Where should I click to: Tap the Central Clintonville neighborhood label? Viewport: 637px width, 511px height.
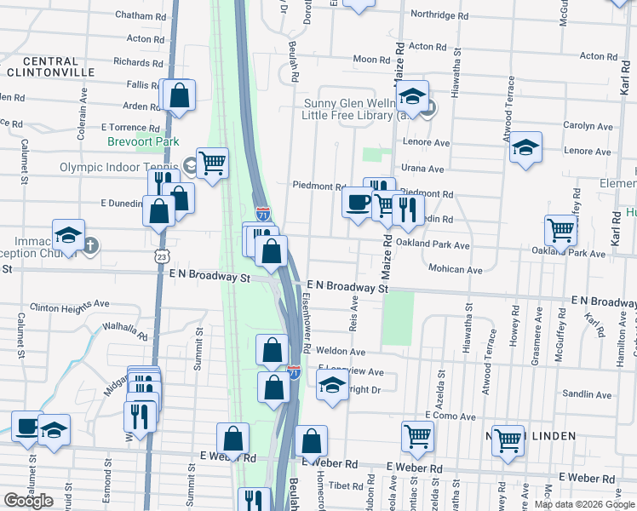[x=51, y=67]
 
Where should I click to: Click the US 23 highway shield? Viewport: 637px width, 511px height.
[x=161, y=255]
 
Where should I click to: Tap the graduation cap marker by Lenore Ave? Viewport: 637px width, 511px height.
[x=525, y=146]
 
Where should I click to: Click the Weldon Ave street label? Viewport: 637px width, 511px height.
[x=340, y=351]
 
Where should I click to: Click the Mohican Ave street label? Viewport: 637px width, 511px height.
[x=456, y=269]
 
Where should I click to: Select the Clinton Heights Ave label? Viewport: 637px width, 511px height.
[x=70, y=304]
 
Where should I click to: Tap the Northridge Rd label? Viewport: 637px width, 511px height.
[x=439, y=15]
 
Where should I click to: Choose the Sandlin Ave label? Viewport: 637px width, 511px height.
[x=588, y=394]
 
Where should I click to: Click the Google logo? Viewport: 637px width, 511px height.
[x=28, y=501]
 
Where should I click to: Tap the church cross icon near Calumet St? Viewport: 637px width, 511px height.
[x=91, y=247]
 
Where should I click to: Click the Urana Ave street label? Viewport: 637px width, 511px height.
[x=423, y=169]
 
